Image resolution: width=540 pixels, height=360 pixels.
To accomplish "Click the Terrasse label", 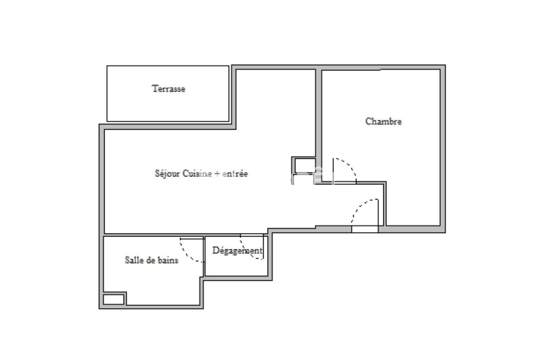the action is point(168,89).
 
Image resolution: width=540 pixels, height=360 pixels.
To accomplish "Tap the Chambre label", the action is point(383,121).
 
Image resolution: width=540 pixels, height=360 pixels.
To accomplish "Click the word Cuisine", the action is point(197,174).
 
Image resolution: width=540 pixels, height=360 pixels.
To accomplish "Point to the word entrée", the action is point(235,174).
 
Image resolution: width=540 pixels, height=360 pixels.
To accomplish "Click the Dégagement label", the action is point(237,251).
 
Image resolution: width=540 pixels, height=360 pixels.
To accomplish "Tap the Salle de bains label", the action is point(152,260).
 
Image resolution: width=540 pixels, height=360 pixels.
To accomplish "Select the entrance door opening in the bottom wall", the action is point(365,229).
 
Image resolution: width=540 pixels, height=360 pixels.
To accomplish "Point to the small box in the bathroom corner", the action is point(114,300).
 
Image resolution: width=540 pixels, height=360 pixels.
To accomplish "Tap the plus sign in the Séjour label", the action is point(217,174).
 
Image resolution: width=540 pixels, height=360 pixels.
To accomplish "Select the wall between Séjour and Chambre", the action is point(319,126).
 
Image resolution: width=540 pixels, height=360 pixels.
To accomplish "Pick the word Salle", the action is point(132,260).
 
